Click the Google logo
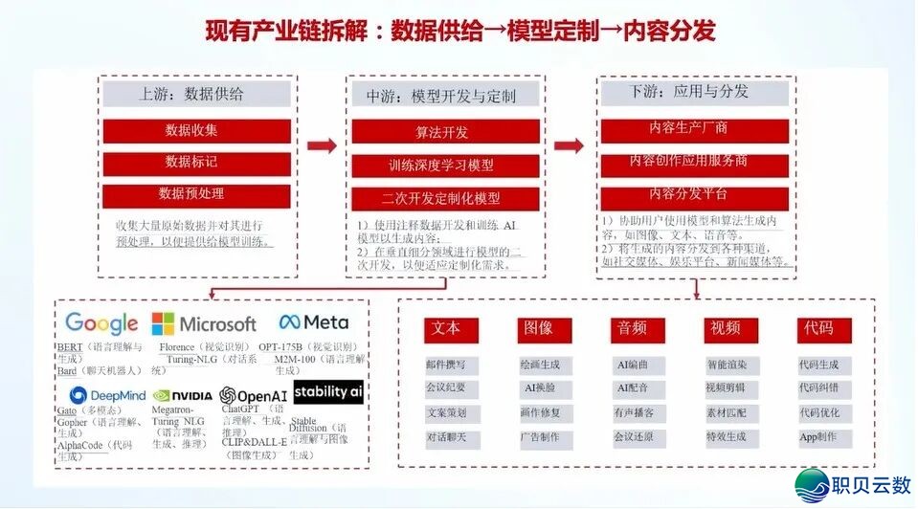point(101,324)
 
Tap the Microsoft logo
point(204,324)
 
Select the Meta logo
point(313,322)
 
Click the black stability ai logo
point(328,391)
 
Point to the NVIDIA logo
point(182,395)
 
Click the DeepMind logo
point(106,395)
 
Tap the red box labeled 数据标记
point(190,162)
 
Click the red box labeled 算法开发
point(441,133)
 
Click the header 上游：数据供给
point(190,94)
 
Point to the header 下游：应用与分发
point(694,93)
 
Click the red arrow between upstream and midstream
point(322,146)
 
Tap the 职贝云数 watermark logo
point(851,485)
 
